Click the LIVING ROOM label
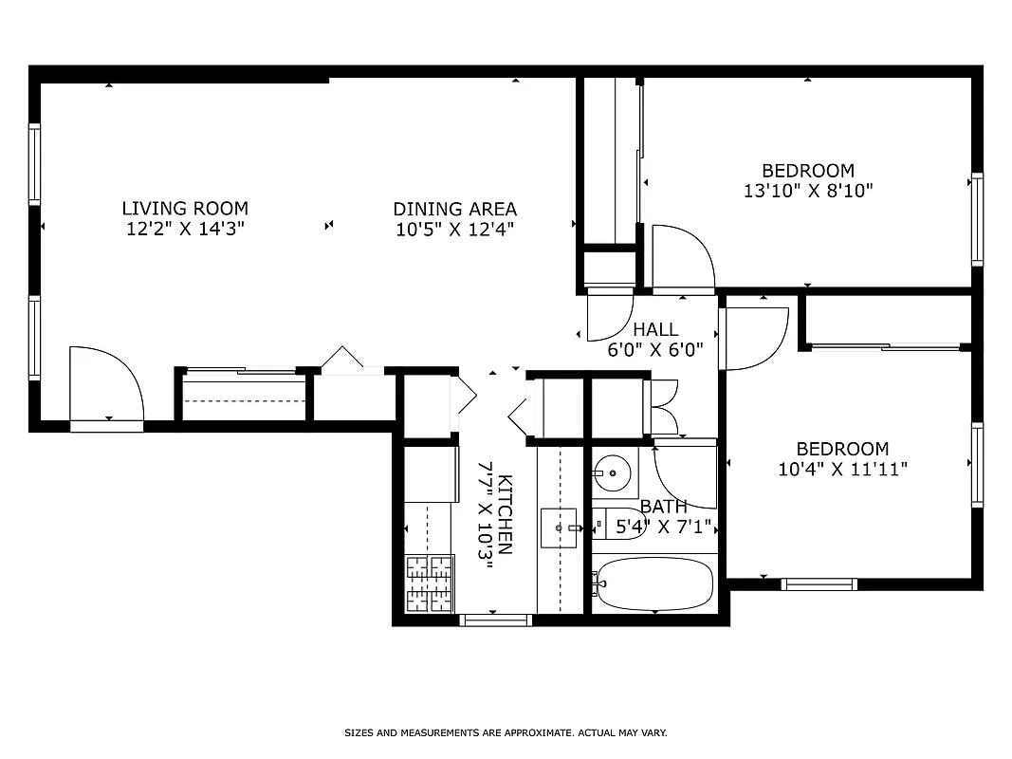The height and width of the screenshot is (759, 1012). tap(185, 208)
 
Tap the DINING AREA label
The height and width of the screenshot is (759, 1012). tap(454, 209)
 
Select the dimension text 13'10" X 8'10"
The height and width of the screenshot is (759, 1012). tap(808, 191)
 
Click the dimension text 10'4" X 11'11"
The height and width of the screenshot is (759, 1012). tap(842, 469)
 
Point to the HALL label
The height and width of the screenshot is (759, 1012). tap(655, 329)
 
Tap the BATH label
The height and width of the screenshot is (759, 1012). tap(663, 507)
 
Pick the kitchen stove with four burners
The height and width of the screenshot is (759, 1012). tap(429, 583)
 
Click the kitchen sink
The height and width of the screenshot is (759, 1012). tap(559, 528)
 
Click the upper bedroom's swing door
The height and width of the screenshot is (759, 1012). tap(681, 258)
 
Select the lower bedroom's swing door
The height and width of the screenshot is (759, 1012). tap(754, 338)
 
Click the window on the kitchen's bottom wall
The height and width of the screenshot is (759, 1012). tap(495, 620)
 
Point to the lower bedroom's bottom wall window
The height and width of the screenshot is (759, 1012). tap(819, 584)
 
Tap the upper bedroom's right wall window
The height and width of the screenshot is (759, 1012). tap(977, 219)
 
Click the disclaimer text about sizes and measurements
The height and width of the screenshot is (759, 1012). tap(506, 733)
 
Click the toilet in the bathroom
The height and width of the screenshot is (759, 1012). tap(621, 523)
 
